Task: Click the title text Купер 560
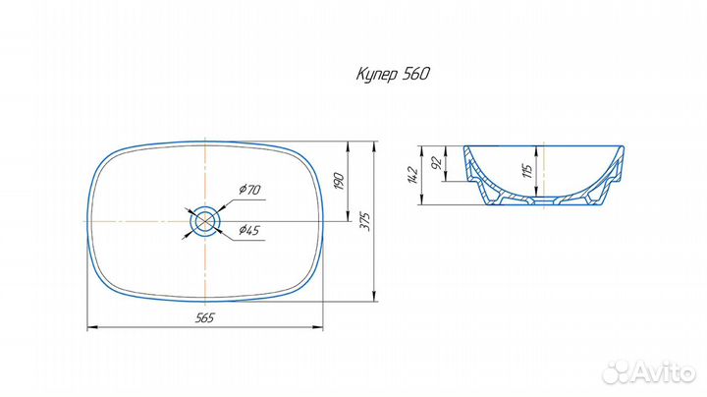click(393, 74)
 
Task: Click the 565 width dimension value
click(204, 318)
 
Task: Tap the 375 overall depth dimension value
click(366, 221)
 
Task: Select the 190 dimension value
click(340, 181)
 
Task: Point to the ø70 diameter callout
click(249, 189)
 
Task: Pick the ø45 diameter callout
click(249, 230)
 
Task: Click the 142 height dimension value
click(413, 175)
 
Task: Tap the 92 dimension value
click(436, 162)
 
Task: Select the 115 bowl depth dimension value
click(528, 171)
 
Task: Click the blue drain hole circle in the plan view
click(205, 208)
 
